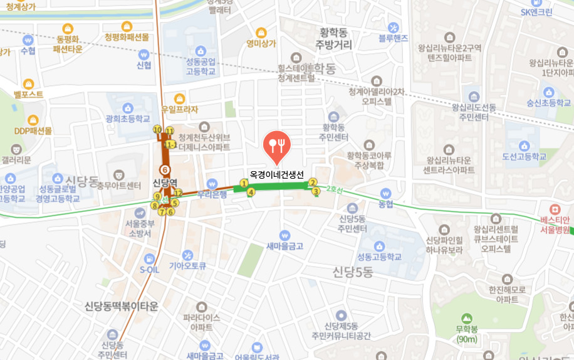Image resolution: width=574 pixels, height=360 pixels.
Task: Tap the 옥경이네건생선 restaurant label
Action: [x=276, y=174]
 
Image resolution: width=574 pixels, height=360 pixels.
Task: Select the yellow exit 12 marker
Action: [x=179, y=193]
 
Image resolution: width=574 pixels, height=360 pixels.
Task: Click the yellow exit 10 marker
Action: [x=157, y=130]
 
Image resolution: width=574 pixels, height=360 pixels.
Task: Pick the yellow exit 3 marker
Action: [x=316, y=191]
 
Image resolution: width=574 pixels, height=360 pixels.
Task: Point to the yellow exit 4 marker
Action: [x=251, y=193]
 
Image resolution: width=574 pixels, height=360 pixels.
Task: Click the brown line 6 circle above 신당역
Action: [x=165, y=169]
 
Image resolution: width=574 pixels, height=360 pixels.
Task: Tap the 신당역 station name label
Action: [x=165, y=183]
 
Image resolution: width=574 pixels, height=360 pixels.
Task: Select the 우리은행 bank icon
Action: [x=212, y=183]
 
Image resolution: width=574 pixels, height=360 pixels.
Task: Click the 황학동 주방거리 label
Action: [x=334, y=38]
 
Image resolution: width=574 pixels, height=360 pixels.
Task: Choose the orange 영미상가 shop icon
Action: [x=261, y=32]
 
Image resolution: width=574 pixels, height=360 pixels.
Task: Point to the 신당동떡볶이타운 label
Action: [x=122, y=306]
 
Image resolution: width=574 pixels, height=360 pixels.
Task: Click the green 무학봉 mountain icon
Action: [x=466, y=318]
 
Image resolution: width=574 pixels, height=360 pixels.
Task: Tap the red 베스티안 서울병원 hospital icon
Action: [x=554, y=209]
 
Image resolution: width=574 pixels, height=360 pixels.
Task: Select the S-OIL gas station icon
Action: [x=149, y=258]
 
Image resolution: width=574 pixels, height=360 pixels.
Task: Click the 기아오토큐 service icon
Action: [x=187, y=255]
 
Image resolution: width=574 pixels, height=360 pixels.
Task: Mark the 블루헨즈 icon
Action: [x=394, y=27]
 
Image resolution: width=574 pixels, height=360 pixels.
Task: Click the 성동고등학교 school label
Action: [x=379, y=257]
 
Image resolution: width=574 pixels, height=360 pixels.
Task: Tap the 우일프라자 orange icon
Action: [x=180, y=98]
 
